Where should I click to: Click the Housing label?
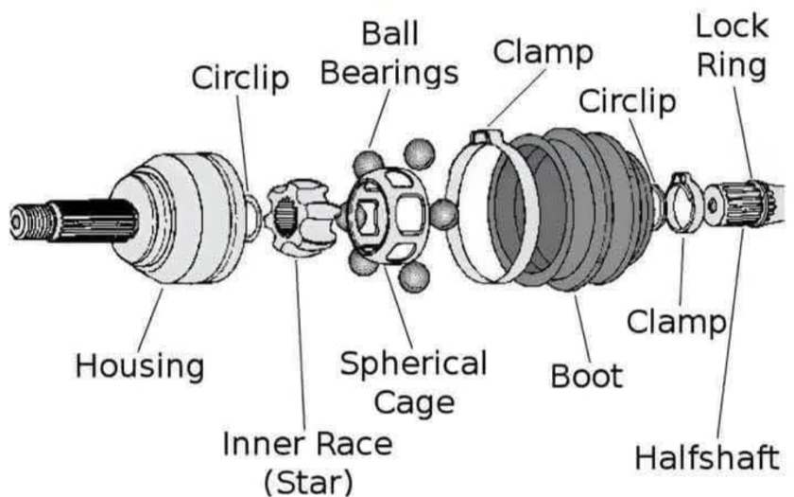(x=140, y=366)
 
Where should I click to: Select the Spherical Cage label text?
(x=414, y=382)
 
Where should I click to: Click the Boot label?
(x=586, y=376)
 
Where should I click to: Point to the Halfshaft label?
(x=707, y=457)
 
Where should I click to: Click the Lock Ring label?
(x=732, y=46)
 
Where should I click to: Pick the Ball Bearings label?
(x=389, y=54)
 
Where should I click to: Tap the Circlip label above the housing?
(x=240, y=79)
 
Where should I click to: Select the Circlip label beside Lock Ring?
(x=628, y=102)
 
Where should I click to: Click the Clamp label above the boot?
(x=543, y=52)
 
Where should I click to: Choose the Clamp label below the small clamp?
(x=677, y=322)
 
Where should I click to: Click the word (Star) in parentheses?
(x=308, y=482)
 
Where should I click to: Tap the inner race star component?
(x=300, y=217)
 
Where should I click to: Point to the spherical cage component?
(x=388, y=216)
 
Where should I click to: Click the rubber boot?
(x=572, y=209)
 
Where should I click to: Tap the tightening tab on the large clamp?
(x=486, y=135)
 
